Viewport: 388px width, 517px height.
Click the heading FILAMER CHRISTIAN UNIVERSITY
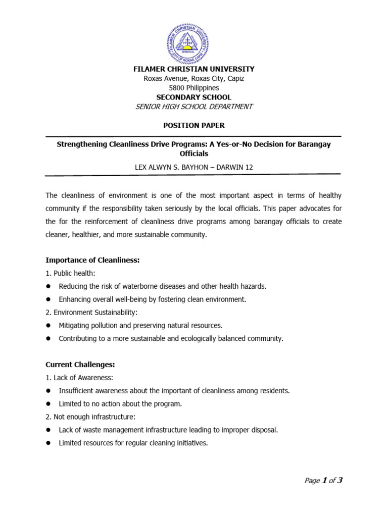[x=193, y=69]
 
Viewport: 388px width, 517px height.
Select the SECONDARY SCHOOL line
[x=193, y=97]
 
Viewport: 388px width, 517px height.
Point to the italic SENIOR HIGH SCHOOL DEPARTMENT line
[x=193, y=107]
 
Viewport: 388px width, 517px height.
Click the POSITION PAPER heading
[x=193, y=125]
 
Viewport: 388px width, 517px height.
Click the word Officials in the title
[x=193, y=153]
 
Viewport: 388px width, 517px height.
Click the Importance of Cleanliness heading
[x=92, y=260]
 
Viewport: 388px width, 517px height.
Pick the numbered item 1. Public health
[x=70, y=273]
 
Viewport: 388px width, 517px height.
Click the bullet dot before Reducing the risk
[x=49, y=286]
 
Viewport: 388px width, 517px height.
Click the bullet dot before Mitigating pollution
[x=49, y=326]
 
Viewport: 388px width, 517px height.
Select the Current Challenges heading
[x=82, y=365]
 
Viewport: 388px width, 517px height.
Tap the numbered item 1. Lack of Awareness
[x=76, y=378]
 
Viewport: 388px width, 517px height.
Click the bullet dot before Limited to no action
[x=49, y=404]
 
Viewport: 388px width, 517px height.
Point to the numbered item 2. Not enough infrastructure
[x=90, y=417]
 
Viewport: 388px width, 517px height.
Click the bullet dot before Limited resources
[x=49, y=443]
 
